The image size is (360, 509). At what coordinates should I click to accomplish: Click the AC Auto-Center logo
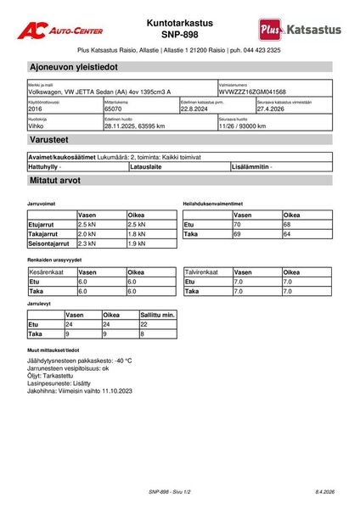click(x=61, y=30)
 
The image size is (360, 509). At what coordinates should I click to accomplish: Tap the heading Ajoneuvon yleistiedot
click(x=74, y=66)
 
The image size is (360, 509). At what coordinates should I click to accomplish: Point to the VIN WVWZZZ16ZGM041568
click(x=252, y=91)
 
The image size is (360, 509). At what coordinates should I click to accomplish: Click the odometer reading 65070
click(x=113, y=109)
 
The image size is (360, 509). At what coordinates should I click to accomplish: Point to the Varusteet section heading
click(x=52, y=143)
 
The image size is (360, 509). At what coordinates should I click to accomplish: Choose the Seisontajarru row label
click(x=51, y=243)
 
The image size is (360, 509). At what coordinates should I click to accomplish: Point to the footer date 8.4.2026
click(x=323, y=491)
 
